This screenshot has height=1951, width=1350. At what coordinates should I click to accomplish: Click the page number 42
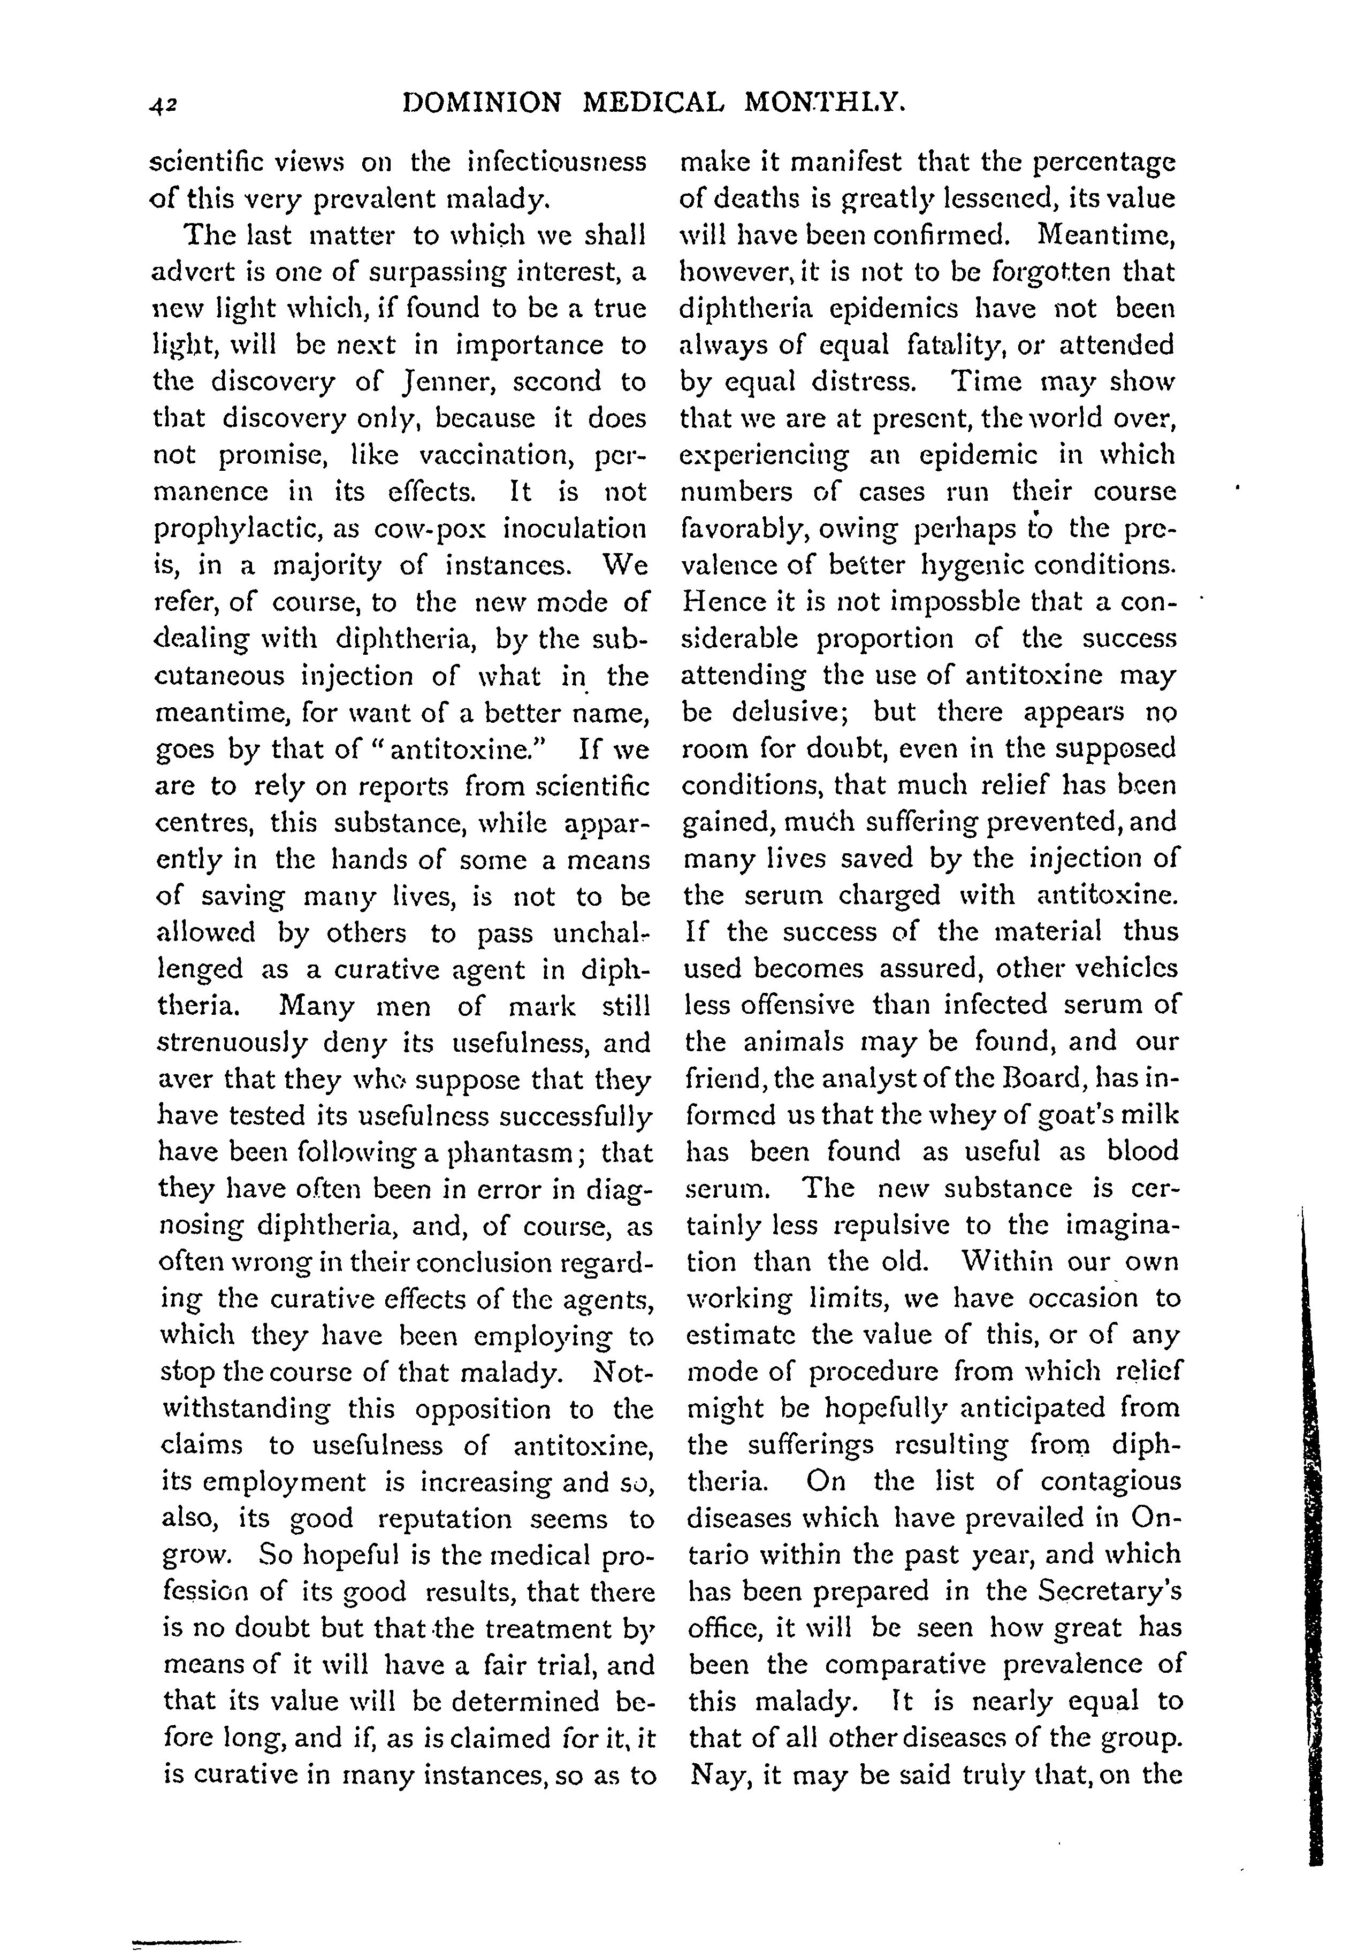pyautogui.click(x=161, y=104)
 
